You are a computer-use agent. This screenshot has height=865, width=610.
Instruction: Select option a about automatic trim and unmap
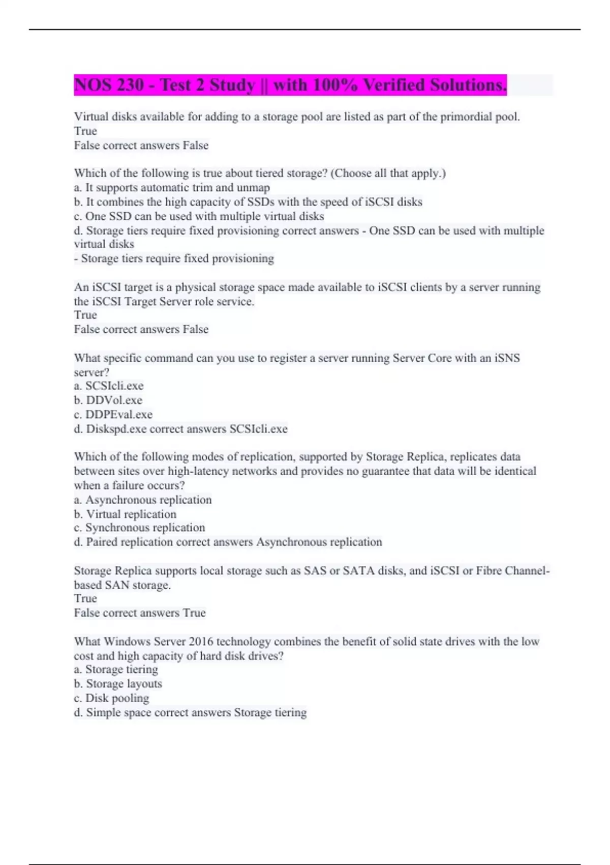[x=172, y=187]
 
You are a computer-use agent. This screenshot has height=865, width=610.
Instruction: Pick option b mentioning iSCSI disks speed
[x=248, y=201]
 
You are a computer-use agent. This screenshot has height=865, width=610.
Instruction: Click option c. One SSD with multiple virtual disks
[x=199, y=216]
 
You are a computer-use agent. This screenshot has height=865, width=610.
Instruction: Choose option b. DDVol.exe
[x=108, y=400]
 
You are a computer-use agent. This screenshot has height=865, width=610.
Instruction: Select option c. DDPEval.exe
[x=113, y=414]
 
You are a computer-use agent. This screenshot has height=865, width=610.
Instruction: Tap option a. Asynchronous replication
[x=143, y=500]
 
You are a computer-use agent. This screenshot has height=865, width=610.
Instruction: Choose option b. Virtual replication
[x=125, y=514]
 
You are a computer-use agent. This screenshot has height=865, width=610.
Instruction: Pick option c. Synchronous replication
[x=140, y=527]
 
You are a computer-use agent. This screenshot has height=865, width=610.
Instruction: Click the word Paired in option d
[x=102, y=541]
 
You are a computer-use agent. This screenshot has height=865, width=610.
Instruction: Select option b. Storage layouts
[x=118, y=683]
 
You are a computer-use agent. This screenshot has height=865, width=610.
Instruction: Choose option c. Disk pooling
[x=112, y=698]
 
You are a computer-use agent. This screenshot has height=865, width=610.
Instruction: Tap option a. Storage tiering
[x=116, y=669]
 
